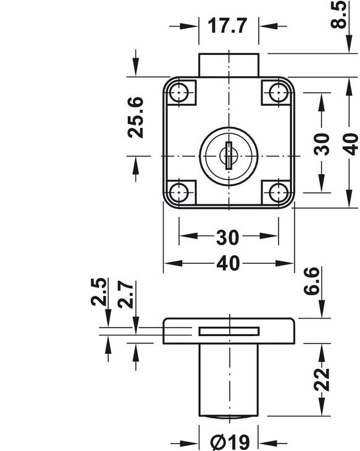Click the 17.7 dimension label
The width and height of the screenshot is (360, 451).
coord(227,25)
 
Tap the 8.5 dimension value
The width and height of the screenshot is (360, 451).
coord(338,14)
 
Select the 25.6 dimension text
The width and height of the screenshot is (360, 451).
coord(135,117)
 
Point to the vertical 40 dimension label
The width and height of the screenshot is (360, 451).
coord(350,144)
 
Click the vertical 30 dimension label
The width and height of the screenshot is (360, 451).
coord(321,144)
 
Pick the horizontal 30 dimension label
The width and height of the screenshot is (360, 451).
coord(227,237)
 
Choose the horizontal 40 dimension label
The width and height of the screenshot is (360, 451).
coord(228,263)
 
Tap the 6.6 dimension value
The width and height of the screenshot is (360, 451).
coord(311,281)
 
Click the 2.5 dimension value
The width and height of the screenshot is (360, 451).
coord(99,292)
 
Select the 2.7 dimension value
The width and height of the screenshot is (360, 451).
coord(126,294)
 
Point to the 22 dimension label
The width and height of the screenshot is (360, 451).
coord(322,380)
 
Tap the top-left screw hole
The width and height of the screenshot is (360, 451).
coord(179,93)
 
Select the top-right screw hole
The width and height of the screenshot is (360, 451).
coord(278,93)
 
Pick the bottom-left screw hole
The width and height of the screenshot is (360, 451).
coord(179,192)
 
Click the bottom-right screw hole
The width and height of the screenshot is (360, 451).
coord(278,192)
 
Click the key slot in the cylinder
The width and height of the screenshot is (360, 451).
coord(229,155)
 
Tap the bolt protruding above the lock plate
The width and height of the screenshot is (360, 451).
coord(229,65)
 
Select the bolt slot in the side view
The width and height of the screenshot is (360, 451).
coord(229,331)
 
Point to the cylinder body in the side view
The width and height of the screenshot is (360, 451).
coord(229,380)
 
